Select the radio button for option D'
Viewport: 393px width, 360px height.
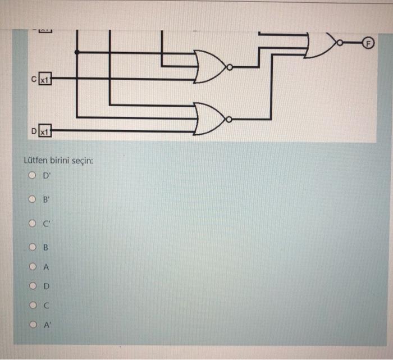[33, 176]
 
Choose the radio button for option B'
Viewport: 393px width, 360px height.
[33, 198]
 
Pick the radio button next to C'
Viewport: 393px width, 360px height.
[33, 222]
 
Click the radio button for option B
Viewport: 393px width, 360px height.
[33, 247]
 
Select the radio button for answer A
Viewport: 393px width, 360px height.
[33, 267]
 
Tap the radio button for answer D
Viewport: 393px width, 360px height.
[33, 286]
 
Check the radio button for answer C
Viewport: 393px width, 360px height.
[33, 306]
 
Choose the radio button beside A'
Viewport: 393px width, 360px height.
[33, 325]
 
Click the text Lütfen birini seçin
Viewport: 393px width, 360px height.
[58, 161]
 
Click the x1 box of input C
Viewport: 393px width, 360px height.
[45, 80]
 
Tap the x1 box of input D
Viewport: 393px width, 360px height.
[45, 132]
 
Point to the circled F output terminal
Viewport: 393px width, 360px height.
[369, 43]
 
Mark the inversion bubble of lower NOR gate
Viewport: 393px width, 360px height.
[229, 119]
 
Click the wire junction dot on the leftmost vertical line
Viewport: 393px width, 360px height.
[76, 52]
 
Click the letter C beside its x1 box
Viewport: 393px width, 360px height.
[34, 80]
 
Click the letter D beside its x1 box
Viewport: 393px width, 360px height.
[34, 132]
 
